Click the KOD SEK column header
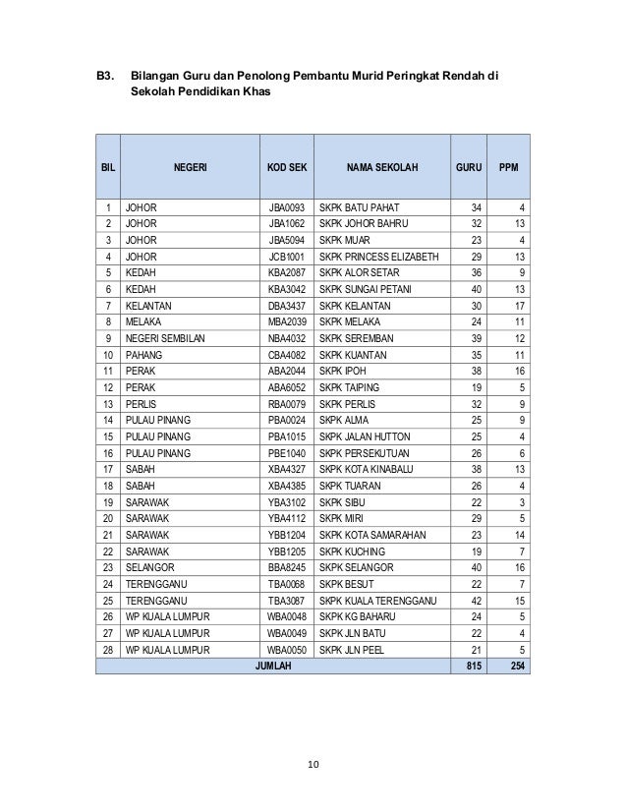[287, 167]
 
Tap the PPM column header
[509, 167]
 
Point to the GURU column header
[469, 167]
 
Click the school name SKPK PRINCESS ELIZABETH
[379, 254]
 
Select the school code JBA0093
[288, 207]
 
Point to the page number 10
[313, 763]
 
